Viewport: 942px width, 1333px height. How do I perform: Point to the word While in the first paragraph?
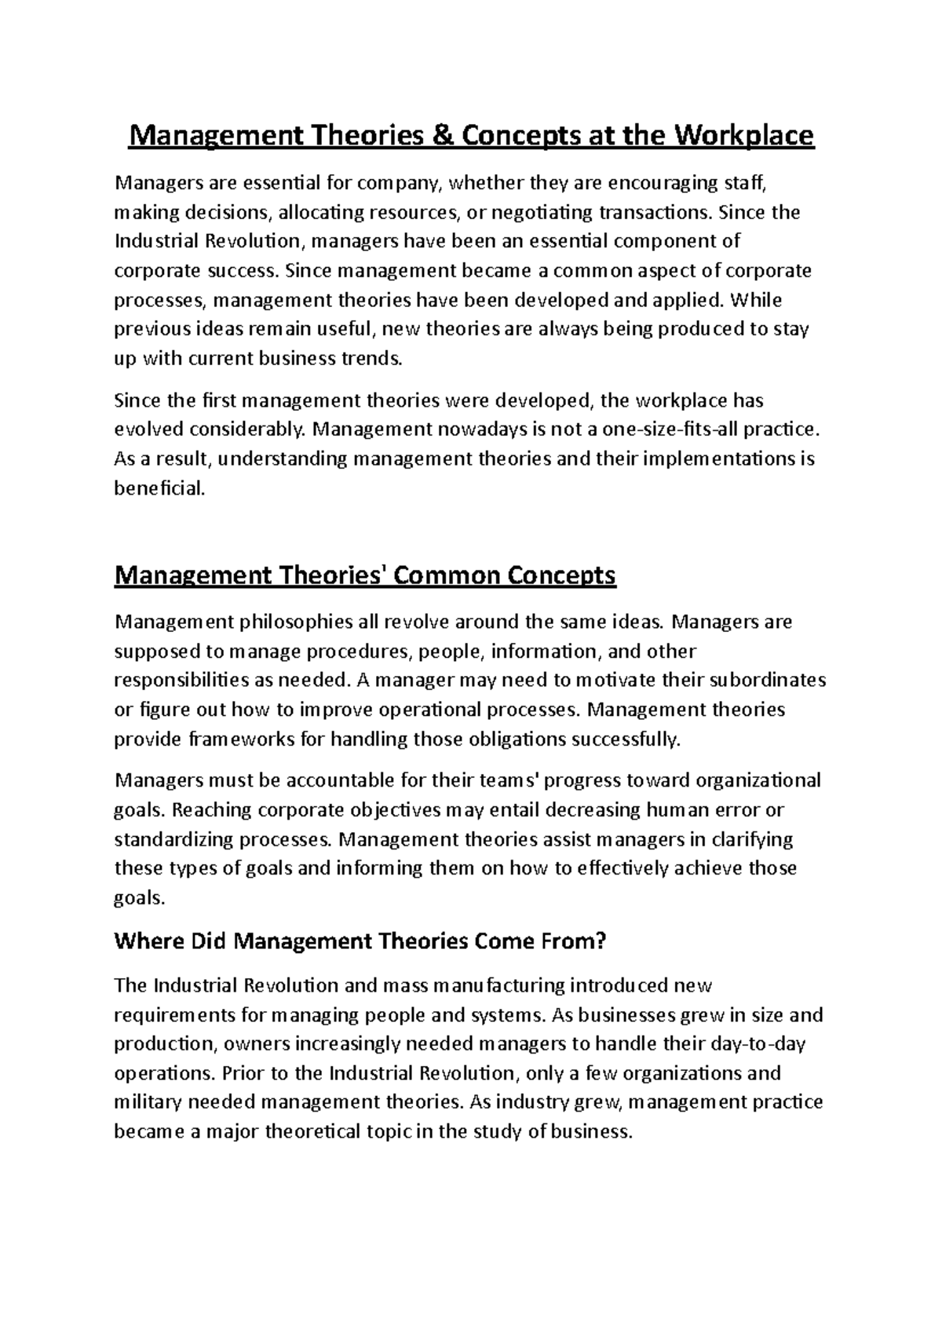point(755,301)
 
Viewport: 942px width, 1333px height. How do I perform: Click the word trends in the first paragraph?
point(371,359)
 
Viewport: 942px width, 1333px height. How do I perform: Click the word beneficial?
point(159,488)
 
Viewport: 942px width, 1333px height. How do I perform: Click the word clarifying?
point(751,839)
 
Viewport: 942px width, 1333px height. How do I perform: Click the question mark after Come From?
point(602,941)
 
